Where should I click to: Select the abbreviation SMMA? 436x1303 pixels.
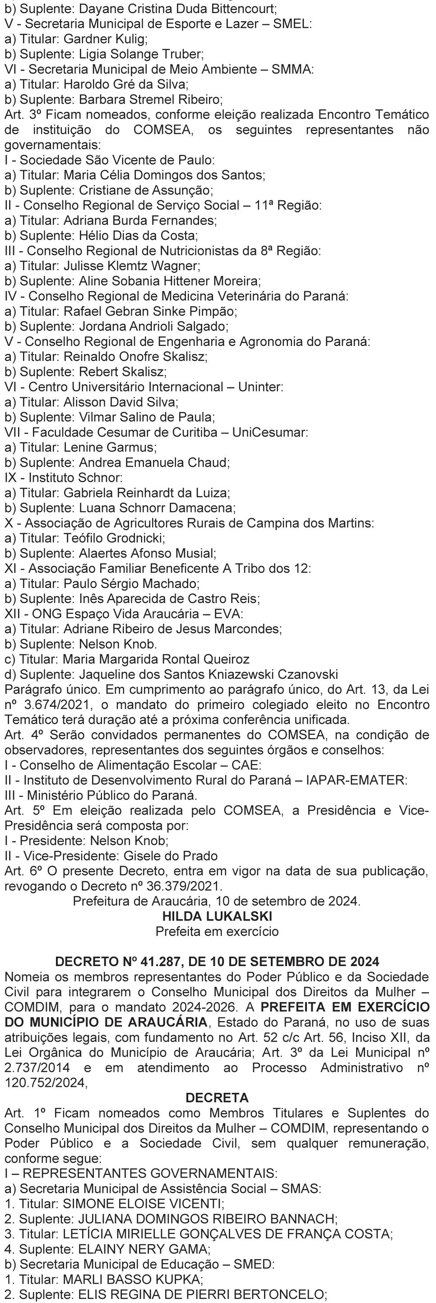pos(292,69)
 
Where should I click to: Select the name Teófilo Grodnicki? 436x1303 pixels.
pos(114,538)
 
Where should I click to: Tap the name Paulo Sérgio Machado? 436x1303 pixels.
pos(131,584)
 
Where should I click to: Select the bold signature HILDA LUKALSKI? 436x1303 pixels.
pos(217,916)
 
